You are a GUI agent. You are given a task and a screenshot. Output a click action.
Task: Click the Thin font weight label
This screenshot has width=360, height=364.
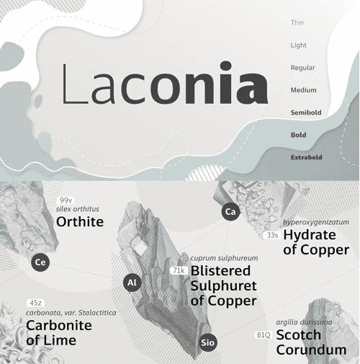297,23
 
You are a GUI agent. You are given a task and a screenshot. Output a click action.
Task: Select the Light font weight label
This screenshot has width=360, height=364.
297,45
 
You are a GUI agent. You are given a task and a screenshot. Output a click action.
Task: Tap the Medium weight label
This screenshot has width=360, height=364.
302,90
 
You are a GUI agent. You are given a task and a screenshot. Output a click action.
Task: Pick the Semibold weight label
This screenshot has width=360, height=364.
305,112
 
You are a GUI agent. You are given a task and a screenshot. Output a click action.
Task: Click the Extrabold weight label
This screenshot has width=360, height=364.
306,157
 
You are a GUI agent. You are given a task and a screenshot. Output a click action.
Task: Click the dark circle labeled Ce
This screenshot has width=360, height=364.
41,262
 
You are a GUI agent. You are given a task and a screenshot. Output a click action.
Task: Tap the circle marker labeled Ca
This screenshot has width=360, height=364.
230,212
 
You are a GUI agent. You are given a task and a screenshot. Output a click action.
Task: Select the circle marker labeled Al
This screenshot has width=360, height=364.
132,283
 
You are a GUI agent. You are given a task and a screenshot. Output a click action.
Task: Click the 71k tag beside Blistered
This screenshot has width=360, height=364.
180,270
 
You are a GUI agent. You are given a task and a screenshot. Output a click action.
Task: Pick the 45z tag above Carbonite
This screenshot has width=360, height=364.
35,302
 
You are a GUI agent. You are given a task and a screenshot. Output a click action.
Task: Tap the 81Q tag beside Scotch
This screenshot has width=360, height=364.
264,335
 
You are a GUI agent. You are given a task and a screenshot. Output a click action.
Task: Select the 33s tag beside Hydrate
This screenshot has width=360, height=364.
272,235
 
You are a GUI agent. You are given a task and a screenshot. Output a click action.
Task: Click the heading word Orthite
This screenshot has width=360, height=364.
80,221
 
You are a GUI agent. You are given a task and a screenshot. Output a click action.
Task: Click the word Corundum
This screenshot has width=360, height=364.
312,351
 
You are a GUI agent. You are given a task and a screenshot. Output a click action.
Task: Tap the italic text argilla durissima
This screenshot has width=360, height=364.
306,321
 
